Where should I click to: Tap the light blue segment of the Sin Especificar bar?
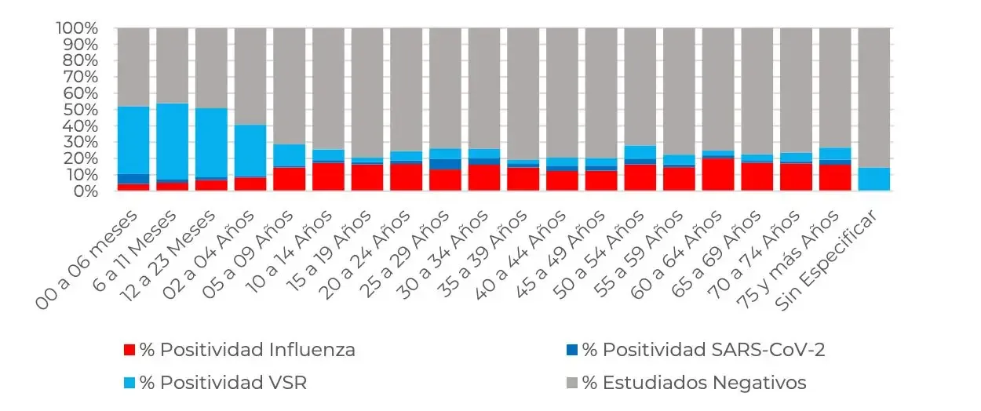pyautogui.click(x=873, y=179)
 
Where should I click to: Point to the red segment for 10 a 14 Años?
pyautogui.click(x=328, y=176)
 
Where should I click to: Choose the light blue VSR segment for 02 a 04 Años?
pyautogui.click(x=250, y=151)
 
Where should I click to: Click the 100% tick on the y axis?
pyautogui.click(x=76, y=28)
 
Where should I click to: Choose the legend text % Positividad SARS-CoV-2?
pyautogui.click(x=703, y=350)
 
